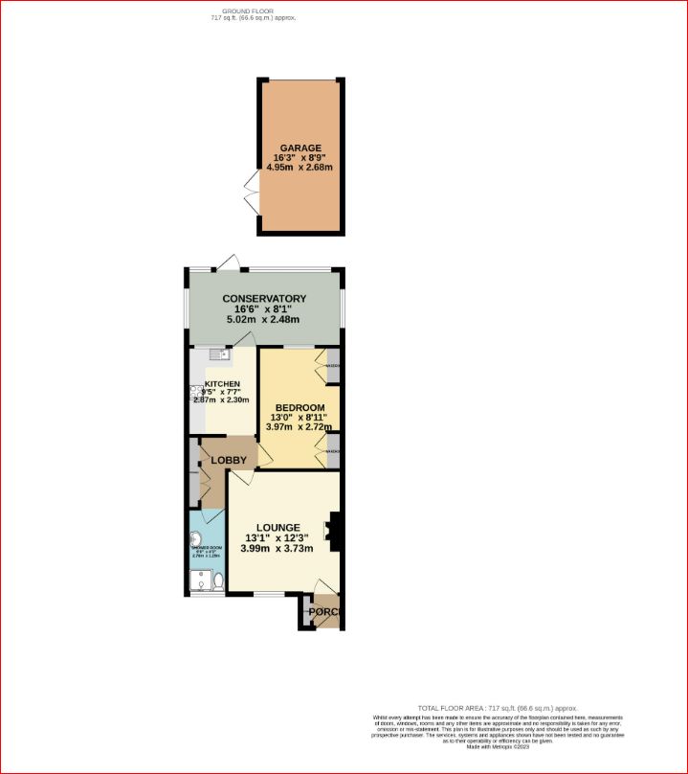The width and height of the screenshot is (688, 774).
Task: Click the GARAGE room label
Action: pyautogui.click(x=300, y=148)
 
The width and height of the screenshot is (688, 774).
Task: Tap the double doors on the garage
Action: pyautogui.click(x=253, y=193)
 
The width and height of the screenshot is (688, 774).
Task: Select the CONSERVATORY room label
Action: pyautogui.click(x=264, y=299)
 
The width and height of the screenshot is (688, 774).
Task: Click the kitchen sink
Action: pyautogui.click(x=217, y=355)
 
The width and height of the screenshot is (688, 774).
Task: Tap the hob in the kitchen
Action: pyautogui.click(x=195, y=391)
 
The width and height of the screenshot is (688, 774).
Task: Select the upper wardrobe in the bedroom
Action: pyautogui.click(x=332, y=366)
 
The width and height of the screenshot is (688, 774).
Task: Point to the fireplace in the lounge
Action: pyautogui.click(x=334, y=533)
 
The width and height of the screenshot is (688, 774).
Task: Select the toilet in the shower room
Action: pyautogui.click(x=218, y=580)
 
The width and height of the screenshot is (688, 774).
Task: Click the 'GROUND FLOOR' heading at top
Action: pyautogui.click(x=235, y=11)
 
